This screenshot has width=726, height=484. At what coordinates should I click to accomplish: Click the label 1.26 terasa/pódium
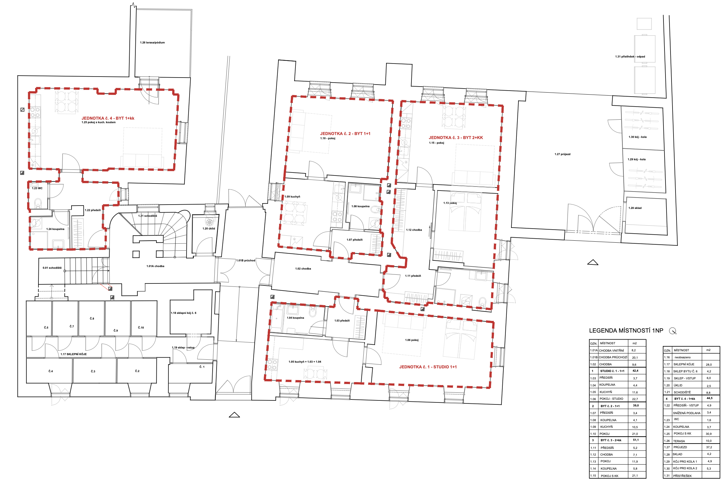(152, 43)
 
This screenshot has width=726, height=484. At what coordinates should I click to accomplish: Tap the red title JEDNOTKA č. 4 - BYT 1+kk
(108, 118)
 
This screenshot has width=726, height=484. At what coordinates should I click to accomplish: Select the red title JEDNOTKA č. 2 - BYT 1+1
(345, 134)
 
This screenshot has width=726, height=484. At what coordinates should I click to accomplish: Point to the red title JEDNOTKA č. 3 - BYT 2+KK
(456, 138)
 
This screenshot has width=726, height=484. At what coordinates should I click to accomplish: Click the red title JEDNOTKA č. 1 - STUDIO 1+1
(428, 367)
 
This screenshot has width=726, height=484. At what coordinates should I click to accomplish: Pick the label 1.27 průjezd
(563, 154)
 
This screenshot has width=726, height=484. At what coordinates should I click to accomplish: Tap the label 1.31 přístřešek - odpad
(630, 57)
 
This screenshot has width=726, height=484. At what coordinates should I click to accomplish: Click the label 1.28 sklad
(635, 208)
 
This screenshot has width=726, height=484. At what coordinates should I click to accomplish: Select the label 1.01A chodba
(155, 266)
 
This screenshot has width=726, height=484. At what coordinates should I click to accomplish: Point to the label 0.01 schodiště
(52, 268)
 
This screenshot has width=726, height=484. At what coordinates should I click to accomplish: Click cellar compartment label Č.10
(141, 328)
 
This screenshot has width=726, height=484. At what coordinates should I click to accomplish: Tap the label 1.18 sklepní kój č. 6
(184, 313)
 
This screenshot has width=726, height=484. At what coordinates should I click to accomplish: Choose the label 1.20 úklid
(209, 229)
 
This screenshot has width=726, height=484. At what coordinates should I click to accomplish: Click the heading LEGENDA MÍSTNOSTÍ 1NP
(626, 331)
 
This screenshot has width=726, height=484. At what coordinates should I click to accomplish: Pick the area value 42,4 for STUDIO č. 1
(635, 371)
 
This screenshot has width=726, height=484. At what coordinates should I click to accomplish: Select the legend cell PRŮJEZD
(680, 447)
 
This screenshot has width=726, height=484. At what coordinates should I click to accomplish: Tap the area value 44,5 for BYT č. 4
(710, 398)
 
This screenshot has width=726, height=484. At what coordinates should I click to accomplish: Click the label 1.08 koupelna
(361, 207)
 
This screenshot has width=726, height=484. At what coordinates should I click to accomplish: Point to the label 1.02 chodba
(303, 269)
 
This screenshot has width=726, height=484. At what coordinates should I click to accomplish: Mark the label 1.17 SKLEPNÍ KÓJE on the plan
(74, 354)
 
